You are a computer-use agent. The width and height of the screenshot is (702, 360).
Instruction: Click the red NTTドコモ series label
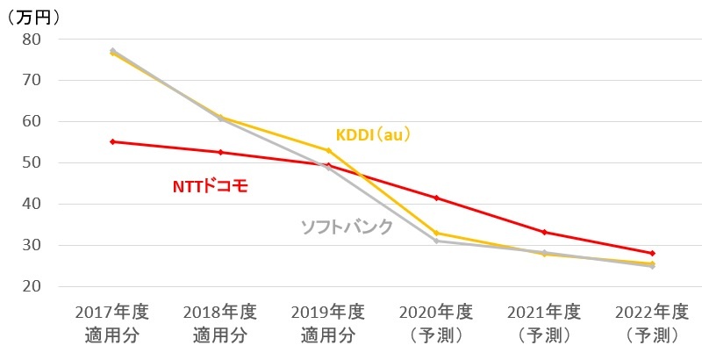[x=211, y=186]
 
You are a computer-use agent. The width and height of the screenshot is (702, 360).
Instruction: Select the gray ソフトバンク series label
[x=347, y=226]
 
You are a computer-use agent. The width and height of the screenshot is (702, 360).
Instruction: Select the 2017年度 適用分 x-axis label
[x=111, y=323]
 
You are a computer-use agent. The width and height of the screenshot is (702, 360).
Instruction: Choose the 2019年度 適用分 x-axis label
[x=327, y=323]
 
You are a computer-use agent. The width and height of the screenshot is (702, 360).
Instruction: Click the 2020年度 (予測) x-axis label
[x=436, y=323]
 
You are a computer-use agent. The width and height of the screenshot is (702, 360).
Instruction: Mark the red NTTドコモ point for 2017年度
[x=112, y=141]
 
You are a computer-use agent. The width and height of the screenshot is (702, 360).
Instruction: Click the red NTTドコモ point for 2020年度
[x=436, y=198]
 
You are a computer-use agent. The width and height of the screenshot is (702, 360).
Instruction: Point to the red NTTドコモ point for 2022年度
[x=652, y=253]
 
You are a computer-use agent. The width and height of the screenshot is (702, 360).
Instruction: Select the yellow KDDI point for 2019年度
[x=328, y=150]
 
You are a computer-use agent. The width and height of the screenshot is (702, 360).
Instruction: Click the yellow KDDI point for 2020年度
[x=436, y=233]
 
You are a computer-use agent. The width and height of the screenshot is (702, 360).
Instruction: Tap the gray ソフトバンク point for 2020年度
[x=436, y=241]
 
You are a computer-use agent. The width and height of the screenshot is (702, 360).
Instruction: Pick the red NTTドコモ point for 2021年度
[x=544, y=232]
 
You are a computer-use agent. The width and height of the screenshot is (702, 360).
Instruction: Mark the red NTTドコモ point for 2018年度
[x=220, y=152]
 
